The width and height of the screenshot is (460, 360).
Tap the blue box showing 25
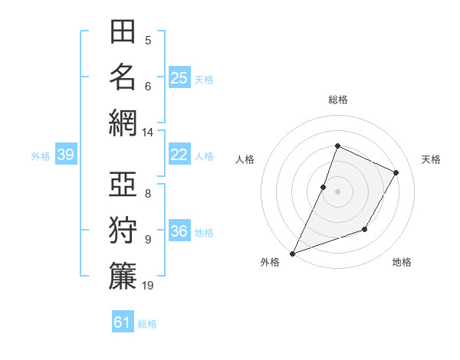tap(179, 77)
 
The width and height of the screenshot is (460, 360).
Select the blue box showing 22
tap(179, 155)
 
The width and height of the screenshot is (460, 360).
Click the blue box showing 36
tap(179, 231)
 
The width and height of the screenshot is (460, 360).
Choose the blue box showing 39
tap(66, 155)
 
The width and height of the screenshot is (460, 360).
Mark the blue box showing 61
tap(123, 322)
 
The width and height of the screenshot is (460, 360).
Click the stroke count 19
tap(148, 286)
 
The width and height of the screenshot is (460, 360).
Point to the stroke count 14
tap(148, 133)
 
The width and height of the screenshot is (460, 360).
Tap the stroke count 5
tap(148, 41)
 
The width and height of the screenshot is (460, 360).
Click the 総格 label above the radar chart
tap(337, 100)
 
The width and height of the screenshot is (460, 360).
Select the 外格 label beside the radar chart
tap(270, 263)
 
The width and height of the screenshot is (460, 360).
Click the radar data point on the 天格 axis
tap(396, 172)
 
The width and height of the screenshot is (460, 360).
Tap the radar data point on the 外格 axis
tap(292, 254)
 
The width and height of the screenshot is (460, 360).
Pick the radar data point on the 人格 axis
tap(324, 187)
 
